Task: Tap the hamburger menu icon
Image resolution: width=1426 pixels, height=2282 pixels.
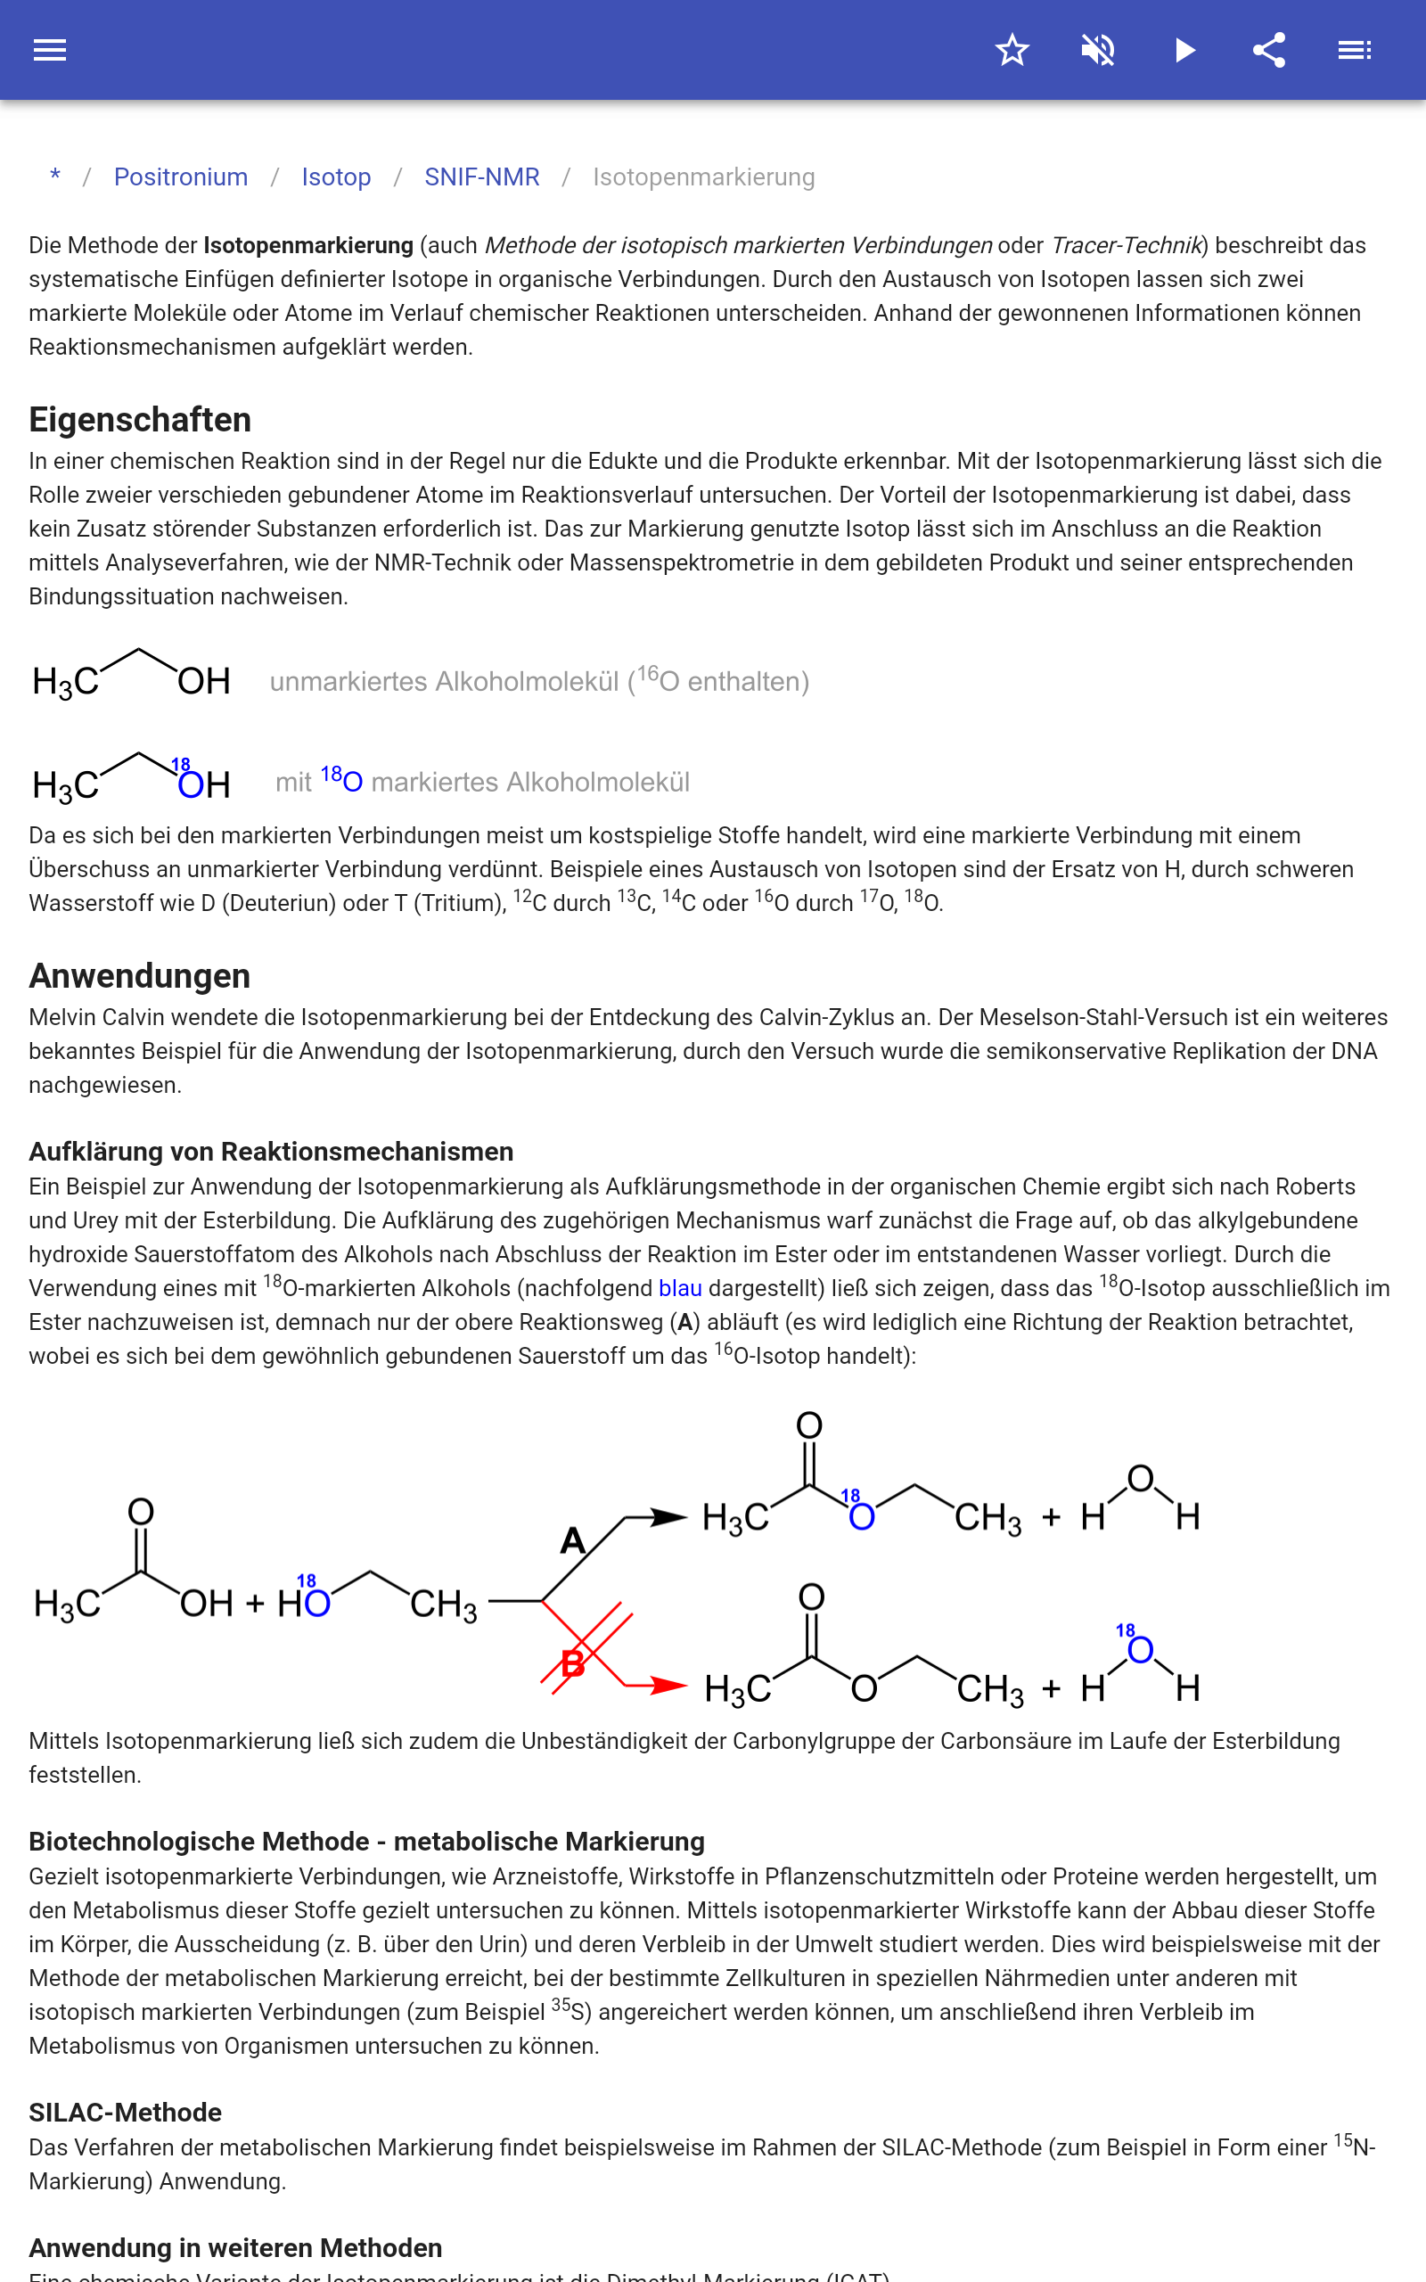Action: (50, 50)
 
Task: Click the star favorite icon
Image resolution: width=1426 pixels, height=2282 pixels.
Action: (1012, 50)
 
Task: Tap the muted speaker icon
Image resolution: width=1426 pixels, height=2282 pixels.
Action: (1098, 50)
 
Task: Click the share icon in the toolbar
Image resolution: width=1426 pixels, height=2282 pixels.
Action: (1269, 50)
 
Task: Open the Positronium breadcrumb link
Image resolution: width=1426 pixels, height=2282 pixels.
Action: (180, 177)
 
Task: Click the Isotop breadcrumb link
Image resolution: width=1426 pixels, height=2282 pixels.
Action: (336, 177)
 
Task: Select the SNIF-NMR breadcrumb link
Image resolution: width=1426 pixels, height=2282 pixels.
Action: (481, 177)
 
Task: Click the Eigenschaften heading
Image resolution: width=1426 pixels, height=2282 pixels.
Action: (140, 420)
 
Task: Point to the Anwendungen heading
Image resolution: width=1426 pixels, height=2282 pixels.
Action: (140, 976)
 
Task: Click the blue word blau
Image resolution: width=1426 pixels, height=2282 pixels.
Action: (679, 1288)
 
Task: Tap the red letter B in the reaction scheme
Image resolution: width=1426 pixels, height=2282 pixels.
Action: (572, 1664)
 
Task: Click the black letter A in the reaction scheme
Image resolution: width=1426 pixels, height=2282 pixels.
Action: (572, 1541)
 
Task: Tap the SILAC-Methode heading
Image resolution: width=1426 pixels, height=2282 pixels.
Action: (126, 2113)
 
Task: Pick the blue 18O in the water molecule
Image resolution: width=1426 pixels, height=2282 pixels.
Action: (1139, 1649)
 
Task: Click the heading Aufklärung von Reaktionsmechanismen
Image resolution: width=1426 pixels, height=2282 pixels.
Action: (271, 1152)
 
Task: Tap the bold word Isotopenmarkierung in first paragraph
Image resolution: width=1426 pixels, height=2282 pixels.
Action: (308, 245)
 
